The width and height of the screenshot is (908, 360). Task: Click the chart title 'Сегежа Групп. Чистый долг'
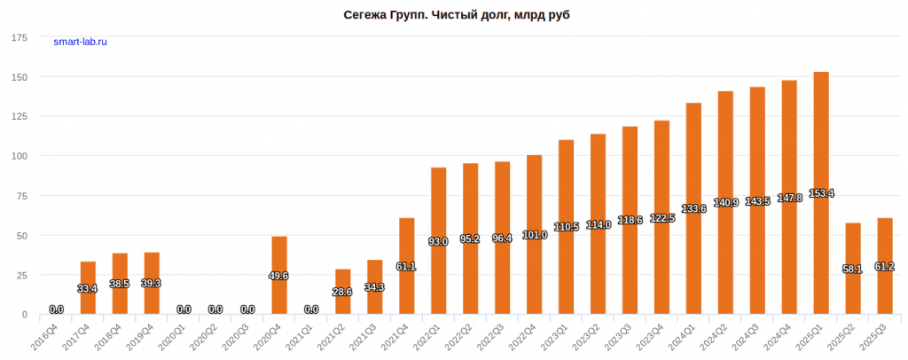coord(453,16)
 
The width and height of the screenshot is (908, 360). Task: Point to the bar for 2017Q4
coord(88,287)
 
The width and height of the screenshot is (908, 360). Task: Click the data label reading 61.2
coord(885,266)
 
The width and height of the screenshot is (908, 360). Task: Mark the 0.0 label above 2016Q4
coord(56,309)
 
